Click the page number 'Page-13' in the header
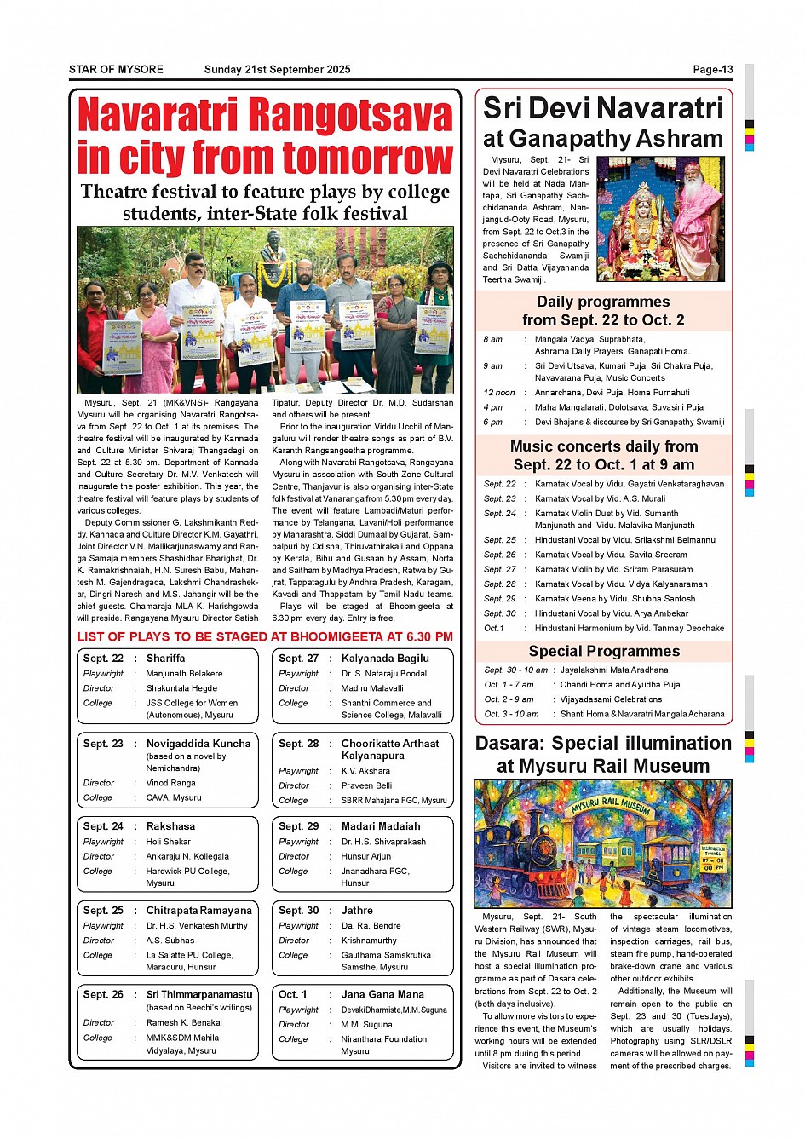click(x=712, y=70)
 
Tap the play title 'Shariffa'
click(x=165, y=659)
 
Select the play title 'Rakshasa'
click(x=170, y=826)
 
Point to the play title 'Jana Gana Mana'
click(x=383, y=994)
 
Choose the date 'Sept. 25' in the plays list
click(x=103, y=911)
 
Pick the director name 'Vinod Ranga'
click(x=170, y=783)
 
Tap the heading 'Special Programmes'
click(x=604, y=652)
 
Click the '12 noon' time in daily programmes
click(x=499, y=393)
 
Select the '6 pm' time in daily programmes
click(x=493, y=422)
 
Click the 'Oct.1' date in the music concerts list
click(x=494, y=629)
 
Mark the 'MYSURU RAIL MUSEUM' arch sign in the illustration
click(x=611, y=803)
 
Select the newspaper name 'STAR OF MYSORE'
click(x=116, y=70)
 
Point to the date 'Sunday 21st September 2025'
click(x=277, y=70)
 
